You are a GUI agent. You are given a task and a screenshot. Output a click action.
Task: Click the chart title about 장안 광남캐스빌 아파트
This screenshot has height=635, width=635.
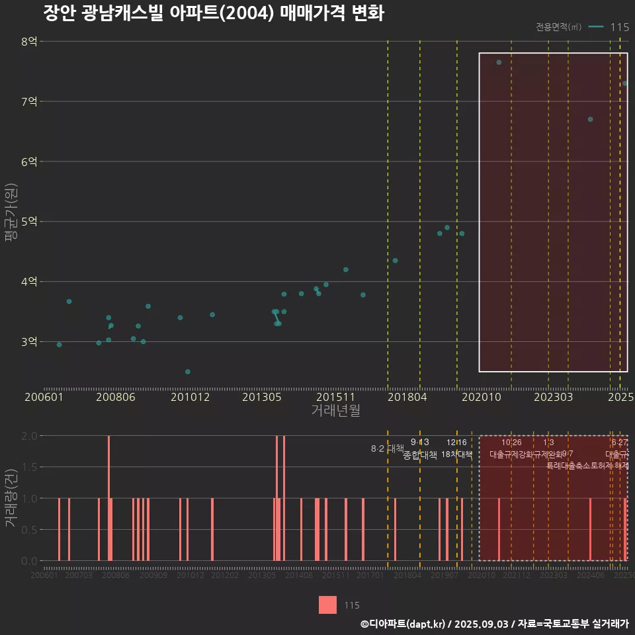point(213,13)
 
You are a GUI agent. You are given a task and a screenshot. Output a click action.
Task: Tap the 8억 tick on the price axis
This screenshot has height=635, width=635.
point(29,42)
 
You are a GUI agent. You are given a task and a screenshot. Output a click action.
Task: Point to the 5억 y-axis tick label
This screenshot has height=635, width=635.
point(29,222)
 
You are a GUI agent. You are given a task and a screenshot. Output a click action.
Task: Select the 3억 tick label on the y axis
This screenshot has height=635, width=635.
point(29,342)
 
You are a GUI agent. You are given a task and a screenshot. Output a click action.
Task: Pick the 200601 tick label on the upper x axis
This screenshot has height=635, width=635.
point(44,398)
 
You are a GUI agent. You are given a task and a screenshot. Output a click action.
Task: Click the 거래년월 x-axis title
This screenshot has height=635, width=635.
point(335,411)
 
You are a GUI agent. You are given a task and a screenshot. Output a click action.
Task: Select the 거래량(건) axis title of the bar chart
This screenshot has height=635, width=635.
point(11,498)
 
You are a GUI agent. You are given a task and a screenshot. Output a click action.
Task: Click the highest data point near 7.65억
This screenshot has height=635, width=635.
point(499,62)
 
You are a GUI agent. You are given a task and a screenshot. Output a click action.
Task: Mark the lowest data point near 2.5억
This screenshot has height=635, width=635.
point(188,372)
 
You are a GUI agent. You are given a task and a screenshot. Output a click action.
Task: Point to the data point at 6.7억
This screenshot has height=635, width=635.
point(590,119)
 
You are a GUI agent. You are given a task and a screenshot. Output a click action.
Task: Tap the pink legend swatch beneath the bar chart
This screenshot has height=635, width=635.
point(327,605)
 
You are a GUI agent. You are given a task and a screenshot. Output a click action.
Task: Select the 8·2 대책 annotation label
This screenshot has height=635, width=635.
point(388,448)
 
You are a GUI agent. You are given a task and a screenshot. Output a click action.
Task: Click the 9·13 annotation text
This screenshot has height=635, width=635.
point(419,442)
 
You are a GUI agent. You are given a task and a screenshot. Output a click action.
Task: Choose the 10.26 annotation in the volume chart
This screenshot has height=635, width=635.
point(511,442)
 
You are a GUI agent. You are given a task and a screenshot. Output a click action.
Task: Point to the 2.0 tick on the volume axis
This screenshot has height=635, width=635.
point(29,436)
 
